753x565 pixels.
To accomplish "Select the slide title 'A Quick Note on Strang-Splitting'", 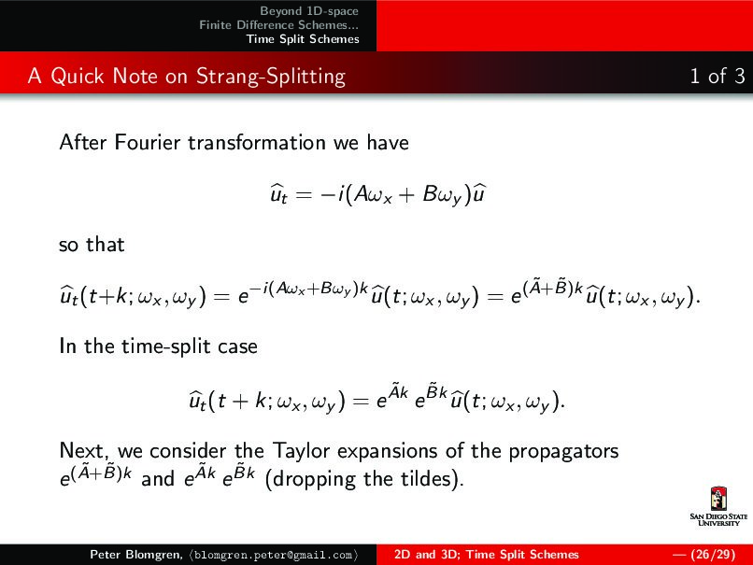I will tap(187, 77).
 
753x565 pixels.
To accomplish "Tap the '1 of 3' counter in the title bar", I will tap(717, 77).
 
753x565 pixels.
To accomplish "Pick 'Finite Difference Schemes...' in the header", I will tap(279, 25).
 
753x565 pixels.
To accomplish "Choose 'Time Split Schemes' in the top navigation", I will tap(303, 39).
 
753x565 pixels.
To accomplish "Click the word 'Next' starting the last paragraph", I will tap(79, 451).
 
